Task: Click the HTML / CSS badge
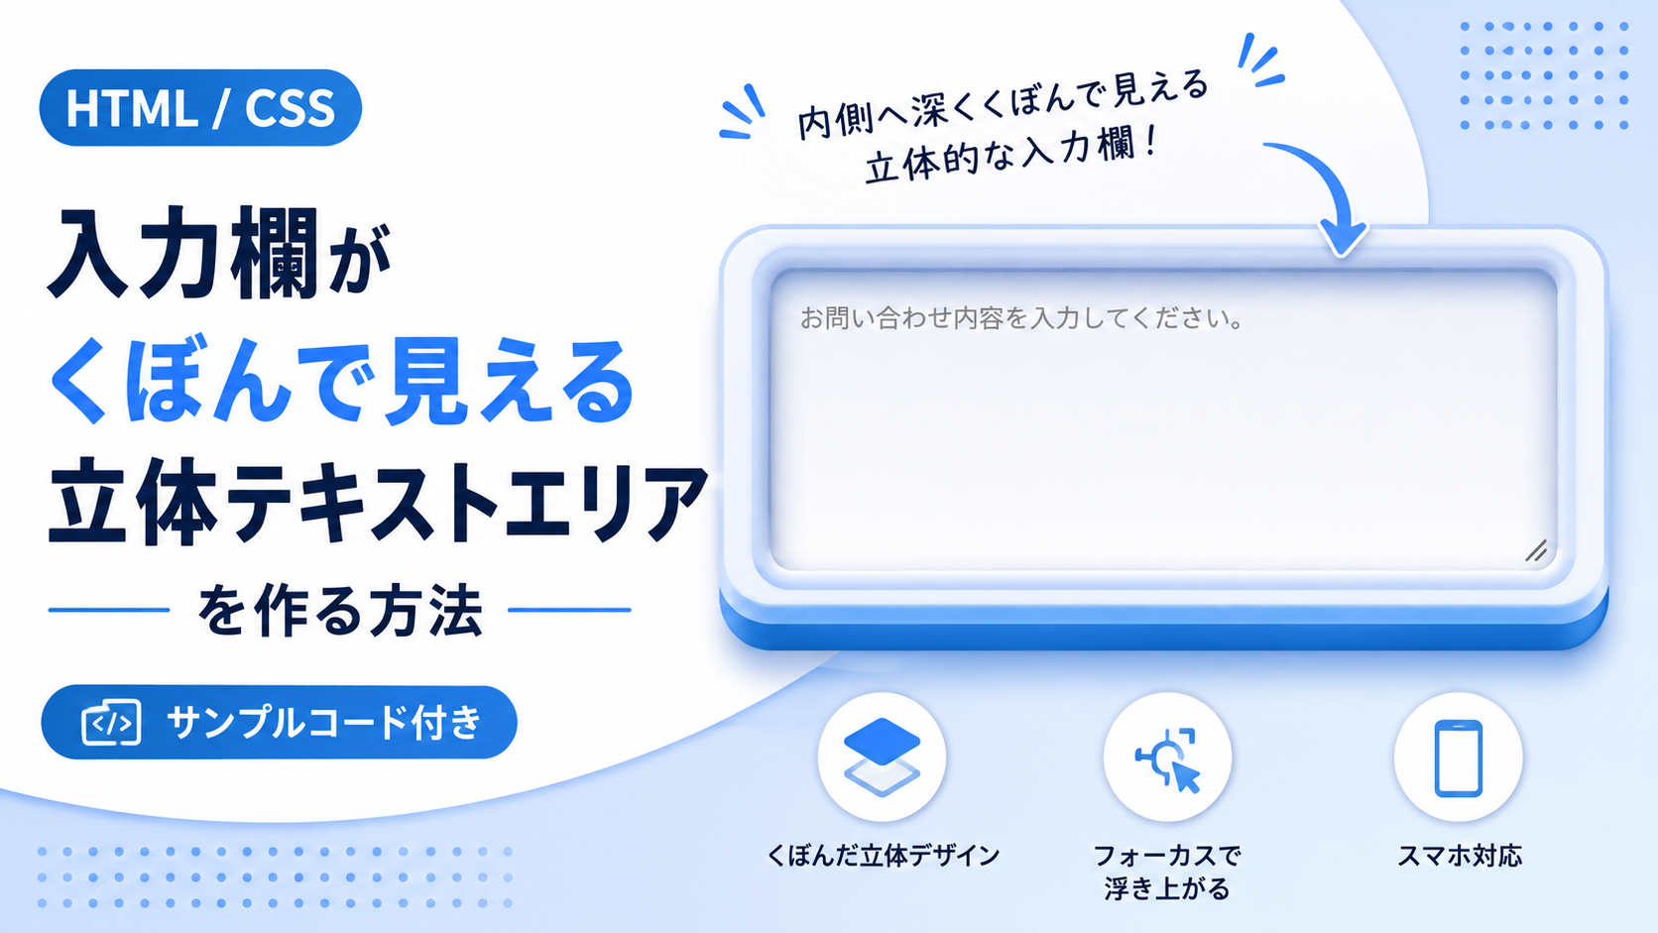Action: click(200, 108)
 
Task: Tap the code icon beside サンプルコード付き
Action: click(111, 723)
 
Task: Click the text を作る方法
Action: click(340, 611)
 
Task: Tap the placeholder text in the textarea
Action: click(1021, 319)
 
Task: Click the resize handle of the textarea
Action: click(1536, 550)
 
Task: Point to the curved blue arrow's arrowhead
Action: click(1344, 237)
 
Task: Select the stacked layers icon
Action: click(882, 757)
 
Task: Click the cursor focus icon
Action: click(1168, 759)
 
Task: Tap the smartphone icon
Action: click(1458, 758)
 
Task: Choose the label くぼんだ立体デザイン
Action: click(883, 856)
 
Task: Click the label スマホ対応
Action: click(1459, 856)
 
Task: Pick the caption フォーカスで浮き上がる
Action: click(1167, 872)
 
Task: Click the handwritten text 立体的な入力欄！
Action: click(1011, 155)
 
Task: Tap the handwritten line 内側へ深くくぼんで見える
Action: click(1003, 103)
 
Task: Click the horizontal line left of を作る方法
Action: click(109, 611)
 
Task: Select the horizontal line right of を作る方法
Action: click(569, 611)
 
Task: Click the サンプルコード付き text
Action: click(325, 722)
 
